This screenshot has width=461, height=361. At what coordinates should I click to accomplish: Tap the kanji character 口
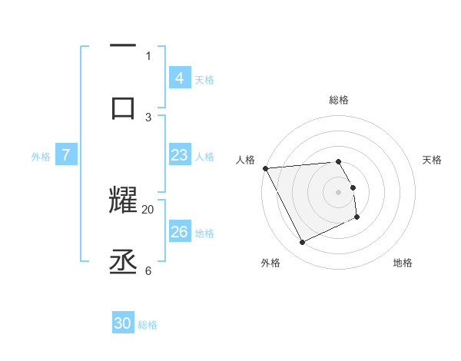pos(124,106)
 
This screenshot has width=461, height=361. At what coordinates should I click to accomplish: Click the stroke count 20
pos(148,209)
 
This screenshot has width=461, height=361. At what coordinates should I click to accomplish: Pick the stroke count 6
pos(148,270)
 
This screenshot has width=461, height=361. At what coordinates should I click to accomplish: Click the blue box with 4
pos(179,78)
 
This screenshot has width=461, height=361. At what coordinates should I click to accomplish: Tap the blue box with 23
pos(179,155)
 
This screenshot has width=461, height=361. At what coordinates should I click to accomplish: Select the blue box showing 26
pos(179,232)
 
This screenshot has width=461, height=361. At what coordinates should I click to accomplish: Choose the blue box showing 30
pos(123,323)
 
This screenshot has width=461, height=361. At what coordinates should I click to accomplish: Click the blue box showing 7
pos(66,155)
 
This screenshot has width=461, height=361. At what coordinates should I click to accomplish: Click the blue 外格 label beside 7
pos(41,156)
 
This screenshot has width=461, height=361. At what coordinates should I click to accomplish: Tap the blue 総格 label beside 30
pos(148,325)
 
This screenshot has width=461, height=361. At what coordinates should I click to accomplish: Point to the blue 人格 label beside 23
pos(204,156)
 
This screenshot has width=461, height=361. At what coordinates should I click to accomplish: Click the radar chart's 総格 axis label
pos(339,100)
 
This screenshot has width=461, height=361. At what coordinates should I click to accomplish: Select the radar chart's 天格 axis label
pos(433,160)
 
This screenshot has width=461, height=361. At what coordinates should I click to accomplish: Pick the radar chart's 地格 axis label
pos(403,263)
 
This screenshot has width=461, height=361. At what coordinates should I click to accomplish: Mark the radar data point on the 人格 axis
pos(265,168)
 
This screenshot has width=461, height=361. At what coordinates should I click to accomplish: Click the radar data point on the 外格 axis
pos(302,243)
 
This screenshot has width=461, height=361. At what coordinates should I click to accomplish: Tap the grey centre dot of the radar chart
pos(339,191)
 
